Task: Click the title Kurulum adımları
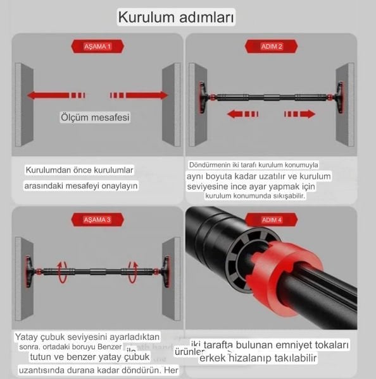(176, 17)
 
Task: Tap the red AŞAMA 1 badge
(97, 47)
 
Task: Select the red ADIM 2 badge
(272, 47)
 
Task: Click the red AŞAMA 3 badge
(97, 220)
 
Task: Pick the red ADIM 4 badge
(271, 220)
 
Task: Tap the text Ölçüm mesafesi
(96, 117)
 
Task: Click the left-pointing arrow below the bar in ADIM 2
(242, 114)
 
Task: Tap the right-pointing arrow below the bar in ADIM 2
(299, 114)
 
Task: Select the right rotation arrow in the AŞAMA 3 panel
(132, 272)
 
